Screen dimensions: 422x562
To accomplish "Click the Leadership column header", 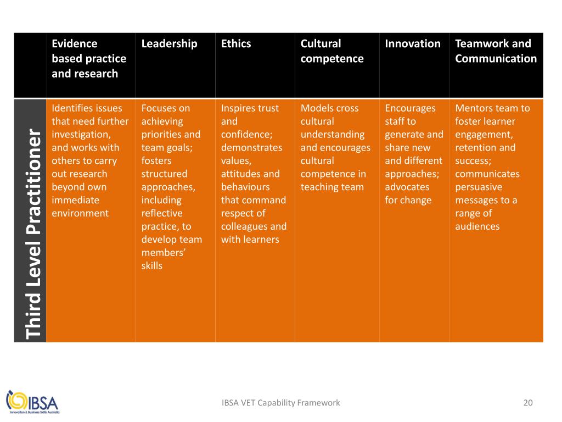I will [169, 44].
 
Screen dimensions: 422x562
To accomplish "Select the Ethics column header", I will [236, 44].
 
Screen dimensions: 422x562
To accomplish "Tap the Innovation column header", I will [413, 44].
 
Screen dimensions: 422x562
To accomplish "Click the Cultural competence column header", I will [331, 51].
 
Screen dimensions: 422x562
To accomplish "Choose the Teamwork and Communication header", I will [496, 51].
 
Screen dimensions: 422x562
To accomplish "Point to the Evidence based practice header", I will [89, 58].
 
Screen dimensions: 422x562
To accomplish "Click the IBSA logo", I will [32, 402].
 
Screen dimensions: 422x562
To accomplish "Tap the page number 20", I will [528, 403].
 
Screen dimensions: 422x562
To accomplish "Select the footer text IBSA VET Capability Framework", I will [280, 403].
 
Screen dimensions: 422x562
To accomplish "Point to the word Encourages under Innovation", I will [410, 108].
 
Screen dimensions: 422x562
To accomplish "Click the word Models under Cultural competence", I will [314, 108].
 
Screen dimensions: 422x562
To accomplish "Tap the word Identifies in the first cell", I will [72, 108].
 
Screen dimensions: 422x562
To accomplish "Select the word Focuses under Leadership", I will [158, 108].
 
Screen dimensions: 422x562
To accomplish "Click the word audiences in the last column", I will [477, 226].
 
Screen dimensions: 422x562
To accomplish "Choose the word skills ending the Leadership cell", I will [152, 266].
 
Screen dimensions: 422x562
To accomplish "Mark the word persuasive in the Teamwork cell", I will [479, 187].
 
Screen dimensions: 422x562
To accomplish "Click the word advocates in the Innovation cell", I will [407, 187].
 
